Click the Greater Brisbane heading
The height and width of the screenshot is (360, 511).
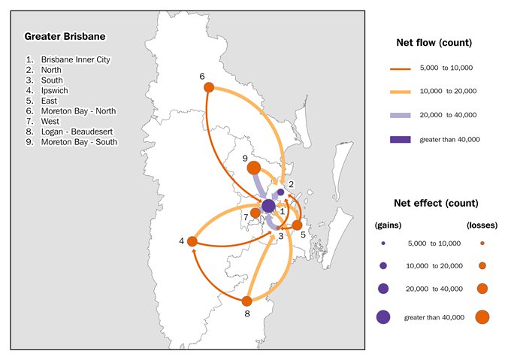coord(65,36)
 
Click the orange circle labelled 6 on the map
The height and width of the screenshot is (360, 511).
coord(210,87)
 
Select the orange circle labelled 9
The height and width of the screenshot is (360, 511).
coord(254,168)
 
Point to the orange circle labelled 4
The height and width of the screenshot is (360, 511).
coord(192,241)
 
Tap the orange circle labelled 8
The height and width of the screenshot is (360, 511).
coord(246,301)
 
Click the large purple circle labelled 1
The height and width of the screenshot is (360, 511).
coord(268,206)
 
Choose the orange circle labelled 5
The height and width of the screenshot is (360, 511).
coord(297,225)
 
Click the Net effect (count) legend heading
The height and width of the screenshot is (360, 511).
coord(436,203)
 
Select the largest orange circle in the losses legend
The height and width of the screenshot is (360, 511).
coord(482,316)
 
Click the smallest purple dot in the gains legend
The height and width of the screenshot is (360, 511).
coord(383,244)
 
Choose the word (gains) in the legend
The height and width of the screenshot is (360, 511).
coord(388,225)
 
